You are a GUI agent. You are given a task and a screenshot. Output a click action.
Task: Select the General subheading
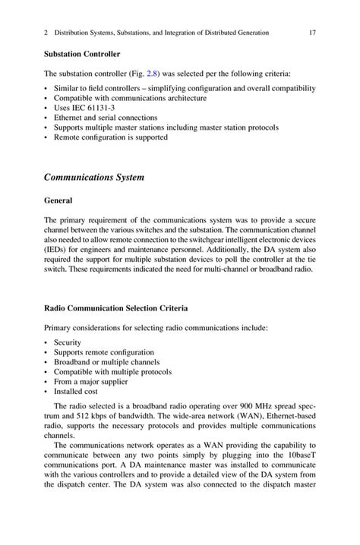58,201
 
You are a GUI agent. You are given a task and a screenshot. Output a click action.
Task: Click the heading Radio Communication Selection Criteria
112,309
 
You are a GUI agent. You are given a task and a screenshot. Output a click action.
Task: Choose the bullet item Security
68,342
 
